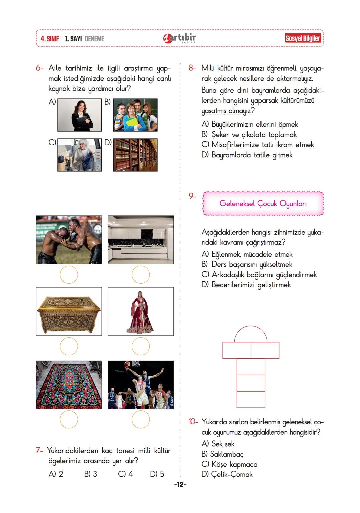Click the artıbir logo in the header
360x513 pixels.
click(x=180, y=38)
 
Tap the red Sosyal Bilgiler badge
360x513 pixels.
click(x=303, y=38)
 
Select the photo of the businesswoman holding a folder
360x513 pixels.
click(x=80, y=115)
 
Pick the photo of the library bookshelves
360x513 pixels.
click(x=135, y=155)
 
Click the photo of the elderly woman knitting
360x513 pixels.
click(x=80, y=155)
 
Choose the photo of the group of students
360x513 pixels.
click(x=135, y=115)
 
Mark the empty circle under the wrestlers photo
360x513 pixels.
click(x=69, y=275)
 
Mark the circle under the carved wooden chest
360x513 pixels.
click(x=69, y=346)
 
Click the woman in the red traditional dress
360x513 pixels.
click(x=141, y=312)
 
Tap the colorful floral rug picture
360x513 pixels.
click(x=69, y=385)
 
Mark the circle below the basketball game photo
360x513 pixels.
click(x=141, y=419)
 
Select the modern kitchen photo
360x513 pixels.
click(x=141, y=240)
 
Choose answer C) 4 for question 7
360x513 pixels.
click(x=126, y=474)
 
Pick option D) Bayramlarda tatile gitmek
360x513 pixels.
click(x=247, y=155)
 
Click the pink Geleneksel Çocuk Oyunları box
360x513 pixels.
click(x=263, y=203)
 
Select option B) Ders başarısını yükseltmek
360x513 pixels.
click(x=247, y=264)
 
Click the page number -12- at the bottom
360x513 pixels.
click(x=180, y=484)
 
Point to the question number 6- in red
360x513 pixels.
click(x=40, y=68)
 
